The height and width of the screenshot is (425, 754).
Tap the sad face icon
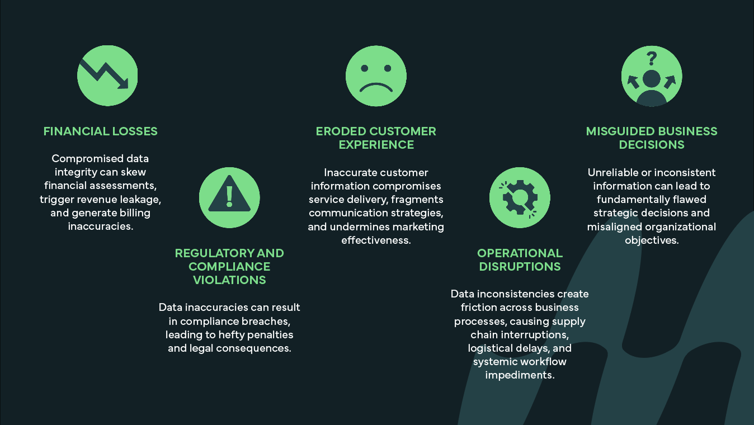point(376,75)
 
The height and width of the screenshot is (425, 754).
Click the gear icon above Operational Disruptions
point(520,197)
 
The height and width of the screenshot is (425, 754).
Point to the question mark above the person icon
point(652,58)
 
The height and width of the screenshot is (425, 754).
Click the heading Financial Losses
point(100,131)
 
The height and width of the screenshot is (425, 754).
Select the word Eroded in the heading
point(341,131)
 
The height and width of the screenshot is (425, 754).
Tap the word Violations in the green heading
point(229,280)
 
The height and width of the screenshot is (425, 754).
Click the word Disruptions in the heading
point(520,267)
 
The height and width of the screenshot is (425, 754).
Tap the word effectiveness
point(376,240)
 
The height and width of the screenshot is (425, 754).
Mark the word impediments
point(520,375)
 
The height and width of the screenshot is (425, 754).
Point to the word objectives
point(652,240)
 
